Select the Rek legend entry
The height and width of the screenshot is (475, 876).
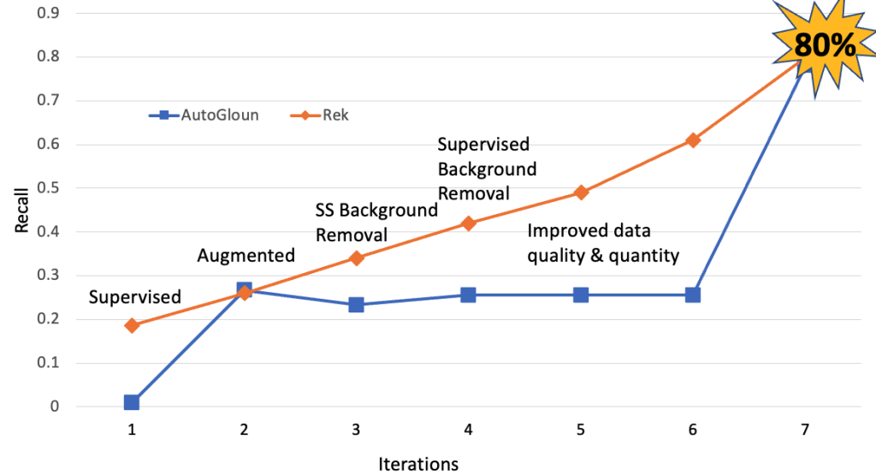click(x=320, y=115)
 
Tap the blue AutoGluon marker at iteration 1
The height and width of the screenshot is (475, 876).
click(x=132, y=402)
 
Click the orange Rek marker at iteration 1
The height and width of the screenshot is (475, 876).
click(x=132, y=325)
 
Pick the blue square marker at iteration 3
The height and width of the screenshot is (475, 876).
click(x=356, y=305)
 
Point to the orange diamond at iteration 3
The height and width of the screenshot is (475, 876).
click(x=356, y=258)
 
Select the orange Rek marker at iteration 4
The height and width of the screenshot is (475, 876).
click(x=468, y=223)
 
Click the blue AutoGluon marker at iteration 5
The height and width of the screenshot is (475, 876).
click(x=581, y=294)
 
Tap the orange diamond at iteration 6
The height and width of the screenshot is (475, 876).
click(x=693, y=140)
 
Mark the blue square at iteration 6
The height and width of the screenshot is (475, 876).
click(x=693, y=294)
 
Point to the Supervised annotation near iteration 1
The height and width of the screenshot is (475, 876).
click(x=135, y=297)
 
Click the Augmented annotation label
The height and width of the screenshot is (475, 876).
click(x=246, y=254)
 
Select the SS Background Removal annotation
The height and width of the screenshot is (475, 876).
click(x=376, y=223)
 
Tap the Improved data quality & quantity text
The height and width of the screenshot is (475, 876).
click(x=603, y=242)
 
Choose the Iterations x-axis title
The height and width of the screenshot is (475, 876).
click(x=418, y=464)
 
